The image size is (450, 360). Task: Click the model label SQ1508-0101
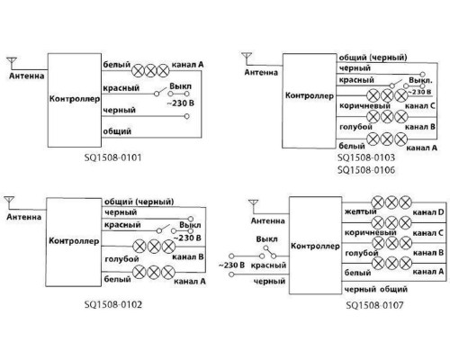pyautogui.click(x=112, y=157)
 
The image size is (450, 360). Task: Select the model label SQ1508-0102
pyautogui.click(x=113, y=304)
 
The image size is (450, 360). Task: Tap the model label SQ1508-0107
pyautogui.click(x=374, y=305)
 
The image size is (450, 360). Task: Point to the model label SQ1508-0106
pyautogui.click(x=366, y=170)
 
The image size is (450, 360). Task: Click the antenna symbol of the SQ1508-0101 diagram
pyautogui.click(x=12, y=63)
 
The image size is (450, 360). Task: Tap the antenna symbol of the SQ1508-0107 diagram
pyautogui.click(x=254, y=206)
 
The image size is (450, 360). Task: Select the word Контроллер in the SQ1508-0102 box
pyautogui.click(x=74, y=241)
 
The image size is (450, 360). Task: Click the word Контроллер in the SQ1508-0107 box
pyautogui.click(x=315, y=247)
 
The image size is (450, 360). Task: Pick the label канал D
pyautogui.click(x=428, y=212)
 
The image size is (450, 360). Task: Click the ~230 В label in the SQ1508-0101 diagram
pyautogui.click(x=181, y=103)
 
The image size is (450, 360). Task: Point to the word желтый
pyautogui.click(x=360, y=211)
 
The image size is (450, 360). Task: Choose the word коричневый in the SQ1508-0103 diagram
pyautogui.click(x=364, y=106)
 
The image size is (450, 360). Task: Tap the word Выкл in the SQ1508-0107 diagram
pyautogui.click(x=266, y=239)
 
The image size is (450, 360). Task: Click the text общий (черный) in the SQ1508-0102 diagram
pyautogui.click(x=139, y=202)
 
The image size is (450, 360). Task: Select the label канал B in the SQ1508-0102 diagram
pyautogui.click(x=188, y=257)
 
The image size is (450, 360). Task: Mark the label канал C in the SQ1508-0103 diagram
pyautogui.click(x=420, y=106)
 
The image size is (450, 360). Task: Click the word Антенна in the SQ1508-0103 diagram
pyautogui.click(x=261, y=72)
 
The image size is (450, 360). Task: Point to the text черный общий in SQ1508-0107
pyautogui.click(x=376, y=290)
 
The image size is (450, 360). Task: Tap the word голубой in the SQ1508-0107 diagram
pyautogui.click(x=362, y=253)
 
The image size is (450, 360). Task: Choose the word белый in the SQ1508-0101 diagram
pyautogui.click(x=117, y=65)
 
